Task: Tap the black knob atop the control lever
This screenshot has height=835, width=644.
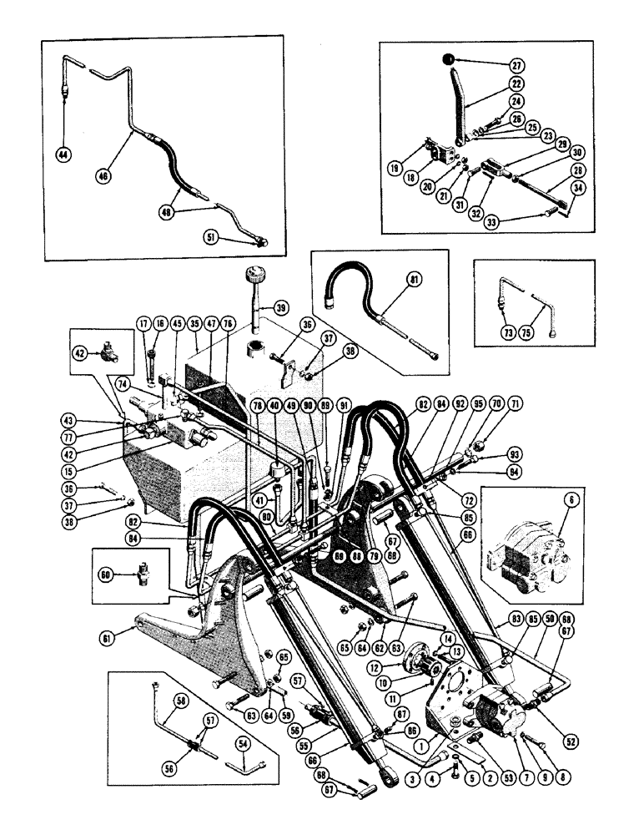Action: (448, 60)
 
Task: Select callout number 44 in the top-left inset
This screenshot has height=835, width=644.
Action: (63, 153)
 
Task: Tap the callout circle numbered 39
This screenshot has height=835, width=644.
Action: (282, 308)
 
